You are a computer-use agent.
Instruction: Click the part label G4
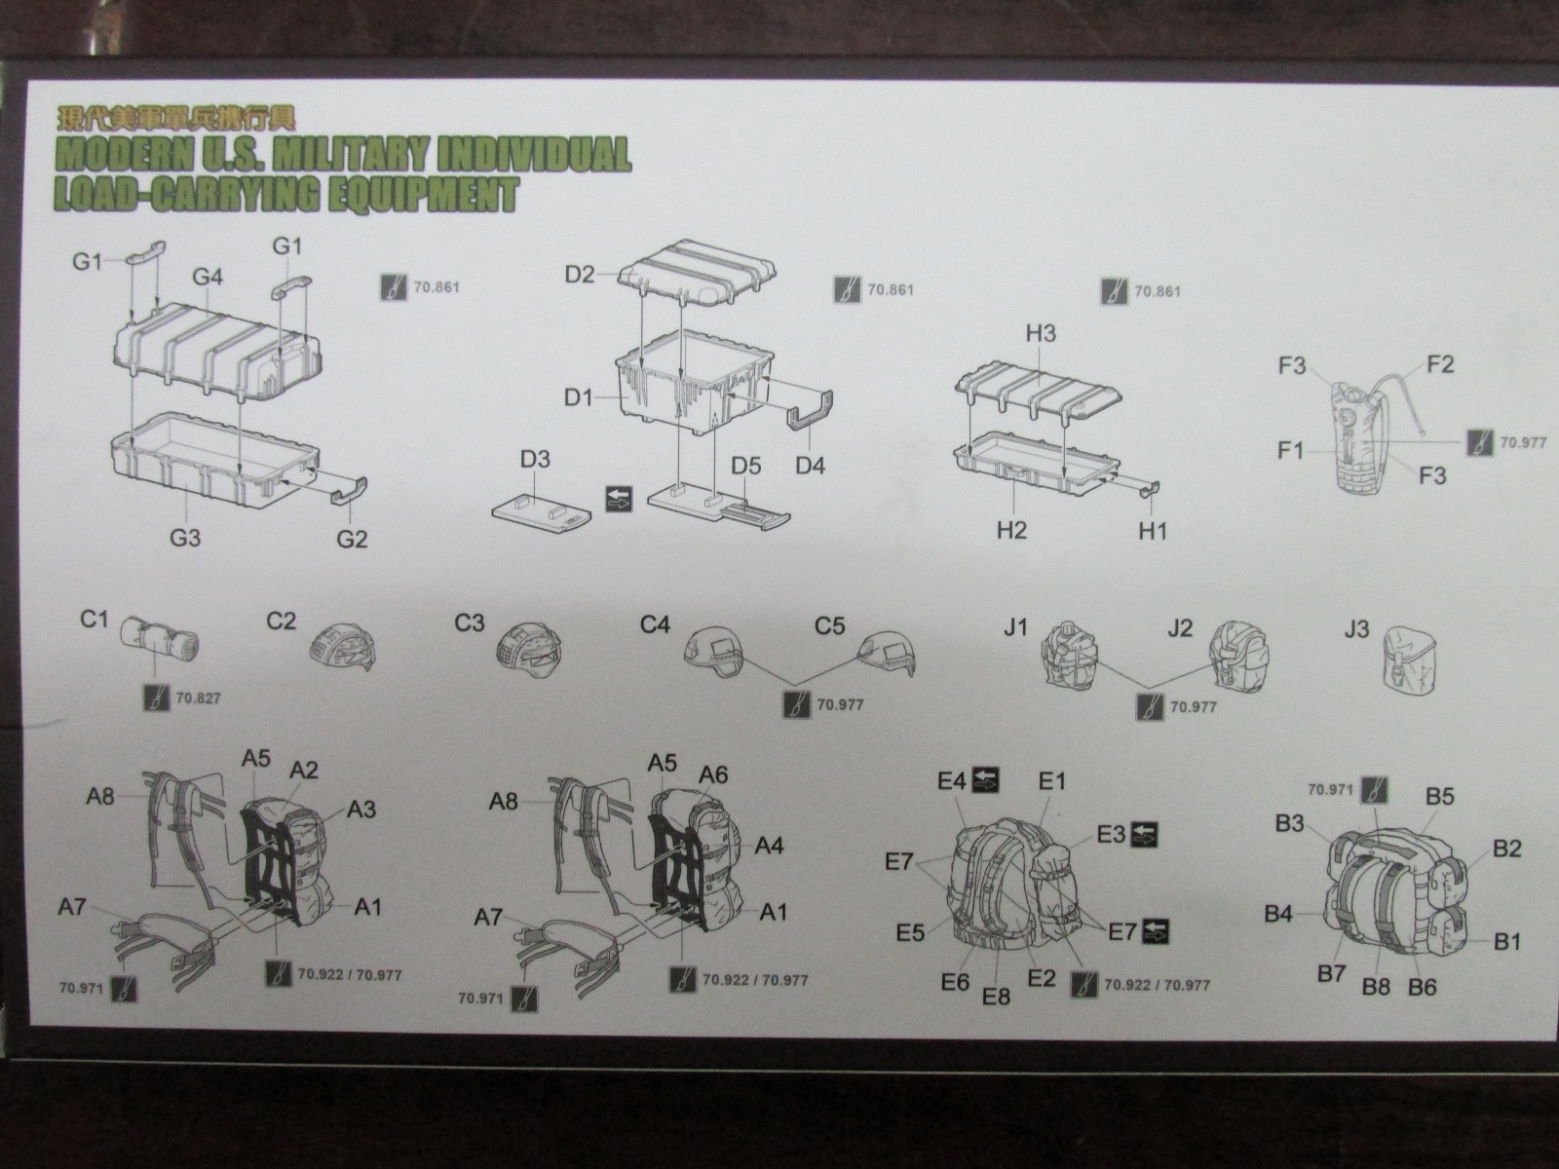coord(208,278)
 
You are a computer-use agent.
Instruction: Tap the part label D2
coord(579,274)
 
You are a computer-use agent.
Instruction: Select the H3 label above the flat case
coord(1040,333)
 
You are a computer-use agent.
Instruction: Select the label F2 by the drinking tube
coord(1440,364)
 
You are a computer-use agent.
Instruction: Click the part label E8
coord(996,997)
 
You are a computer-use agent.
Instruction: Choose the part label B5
coord(1439,796)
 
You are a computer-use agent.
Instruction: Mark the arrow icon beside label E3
coord(1144,835)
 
